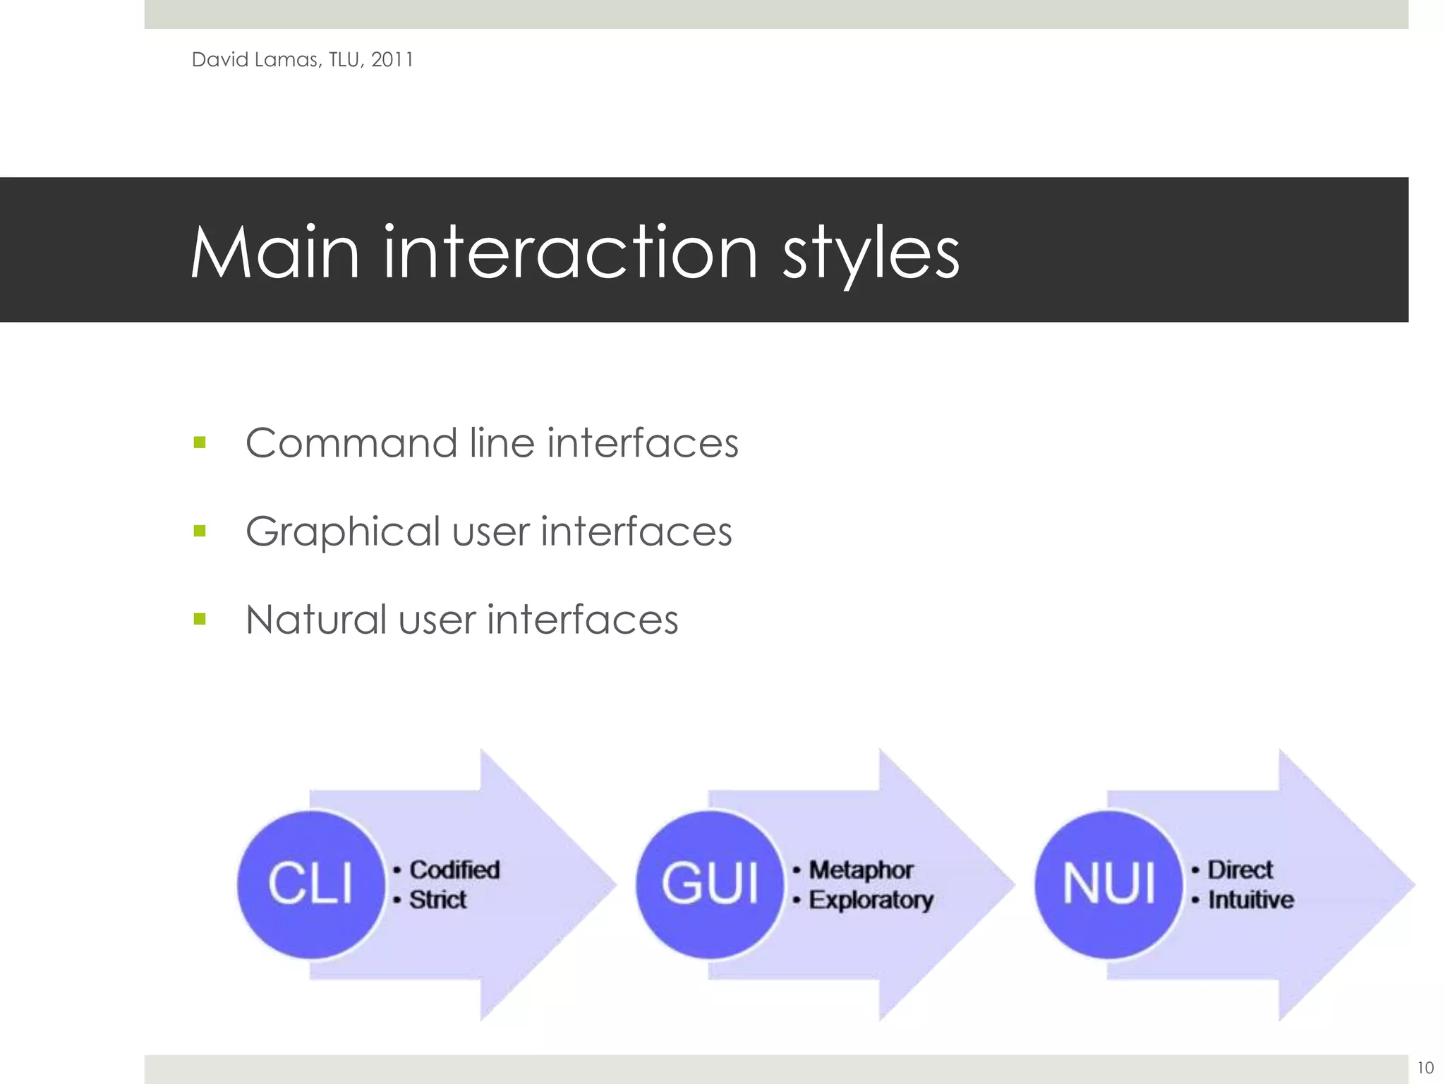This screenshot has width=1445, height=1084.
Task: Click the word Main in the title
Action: [276, 253]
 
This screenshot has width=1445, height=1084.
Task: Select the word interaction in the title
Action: [570, 253]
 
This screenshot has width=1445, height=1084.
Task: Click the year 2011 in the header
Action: [392, 60]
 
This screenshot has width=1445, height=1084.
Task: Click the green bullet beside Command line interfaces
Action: [200, 443]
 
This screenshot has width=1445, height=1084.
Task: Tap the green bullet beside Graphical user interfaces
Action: [200, 531]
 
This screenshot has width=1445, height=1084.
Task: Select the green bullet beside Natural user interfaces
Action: [200, 620]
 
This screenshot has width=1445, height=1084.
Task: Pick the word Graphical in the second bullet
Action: [343, 532]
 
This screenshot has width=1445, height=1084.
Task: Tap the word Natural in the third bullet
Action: [315, 620]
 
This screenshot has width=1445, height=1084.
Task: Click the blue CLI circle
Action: [310, 884]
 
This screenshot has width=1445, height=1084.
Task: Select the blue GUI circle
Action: [710, 884]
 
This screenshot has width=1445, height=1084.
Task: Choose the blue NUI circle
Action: [1108, 884]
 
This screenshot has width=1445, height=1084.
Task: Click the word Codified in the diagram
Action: [454, 869]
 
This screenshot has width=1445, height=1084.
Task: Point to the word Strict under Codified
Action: [437, 900]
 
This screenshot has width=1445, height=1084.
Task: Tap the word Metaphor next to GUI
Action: [861, 870]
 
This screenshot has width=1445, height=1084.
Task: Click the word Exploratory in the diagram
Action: [871, 901]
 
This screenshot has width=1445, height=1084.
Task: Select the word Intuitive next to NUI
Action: [1251, 900]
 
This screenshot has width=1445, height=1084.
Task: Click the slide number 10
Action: [1425, 1068]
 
